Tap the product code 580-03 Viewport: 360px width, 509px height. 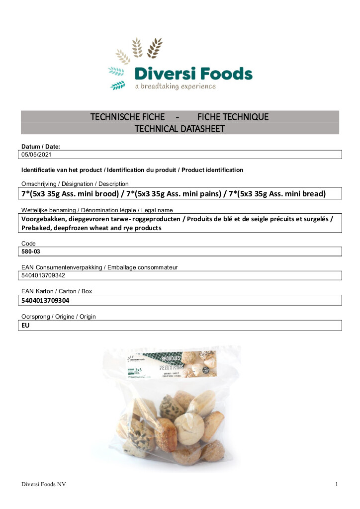coord(31,252)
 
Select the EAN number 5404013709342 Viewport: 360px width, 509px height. coord(44,275)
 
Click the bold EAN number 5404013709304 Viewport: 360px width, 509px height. coord(45,300)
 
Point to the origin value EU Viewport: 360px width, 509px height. coord(25,325)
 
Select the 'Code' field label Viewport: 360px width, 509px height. coord(28,243)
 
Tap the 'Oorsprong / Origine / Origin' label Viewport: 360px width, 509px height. coord(59,317)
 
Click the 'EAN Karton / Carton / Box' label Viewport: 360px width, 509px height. coord(57,291)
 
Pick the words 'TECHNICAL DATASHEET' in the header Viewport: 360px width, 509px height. coord(180,129)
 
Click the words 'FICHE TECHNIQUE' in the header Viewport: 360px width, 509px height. coord(233,117)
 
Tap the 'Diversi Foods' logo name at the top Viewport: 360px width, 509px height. coord(193,75)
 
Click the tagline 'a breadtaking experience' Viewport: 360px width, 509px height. coord(176,86)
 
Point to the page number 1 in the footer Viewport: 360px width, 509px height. coord(337,484)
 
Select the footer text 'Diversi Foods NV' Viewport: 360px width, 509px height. coord(44,484)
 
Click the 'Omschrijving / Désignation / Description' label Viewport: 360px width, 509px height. coord(75,184)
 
